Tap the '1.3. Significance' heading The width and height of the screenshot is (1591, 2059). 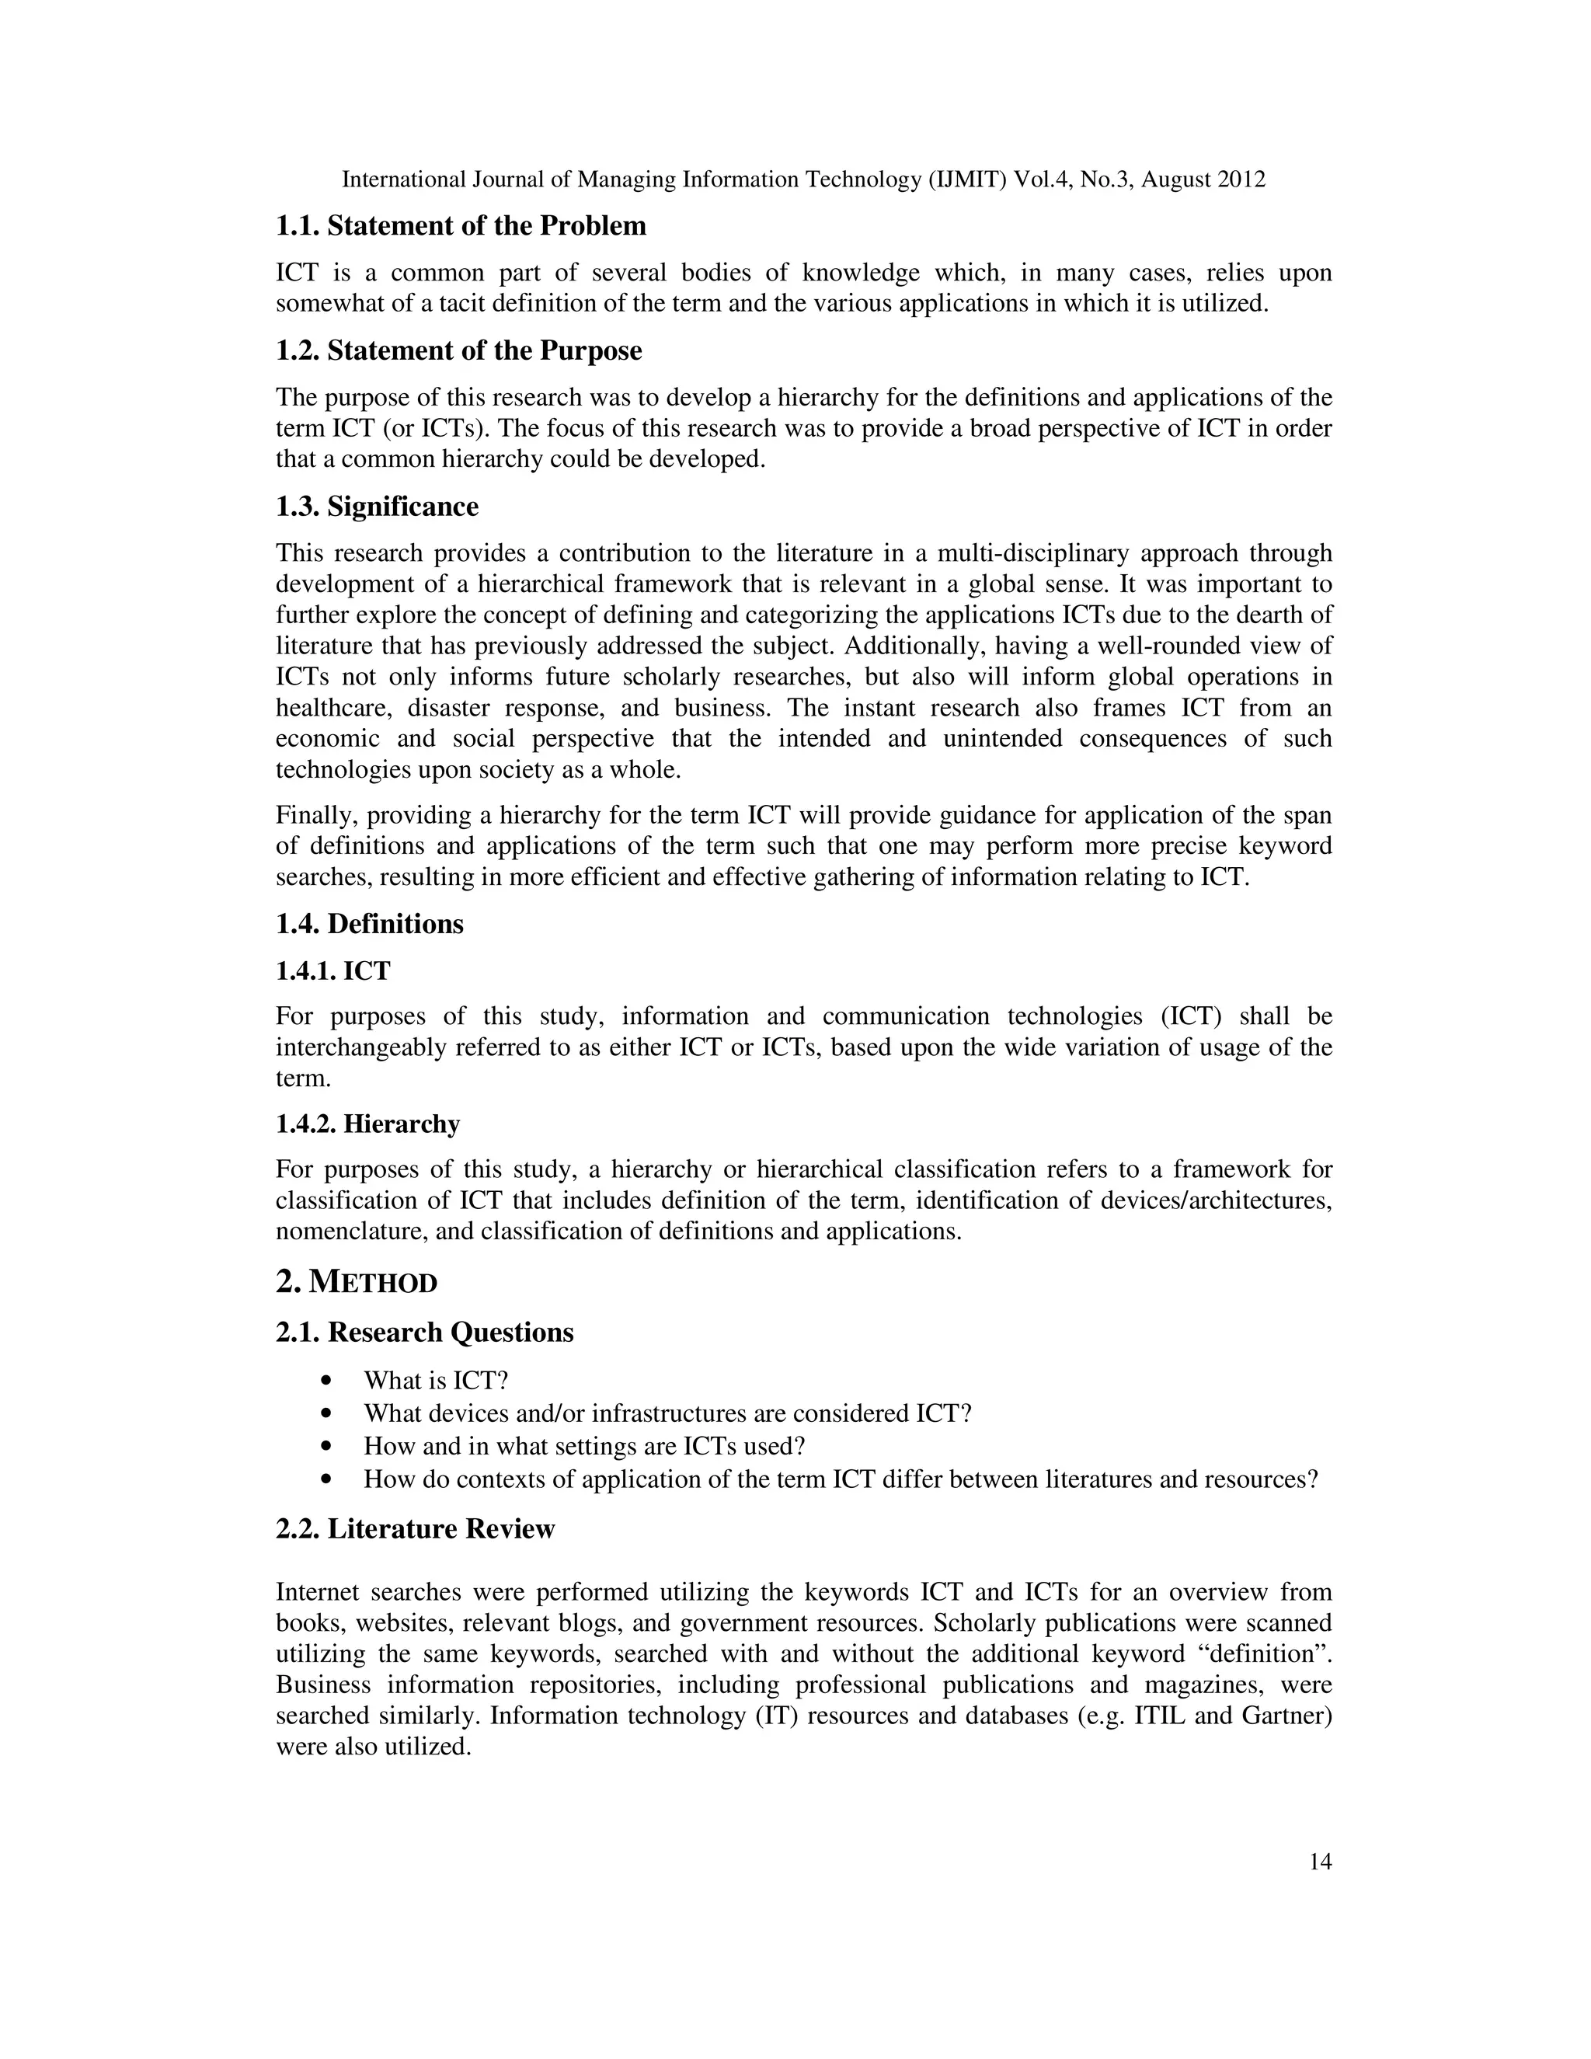pos(377,507)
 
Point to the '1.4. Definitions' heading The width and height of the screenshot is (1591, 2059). pos(370,924)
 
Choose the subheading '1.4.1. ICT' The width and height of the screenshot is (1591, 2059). pos(332,970)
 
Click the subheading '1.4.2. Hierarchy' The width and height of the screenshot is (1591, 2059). pos(367,1124)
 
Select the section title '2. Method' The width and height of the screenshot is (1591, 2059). pos(357,1282)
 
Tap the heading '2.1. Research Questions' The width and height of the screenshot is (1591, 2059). pos(424,1332)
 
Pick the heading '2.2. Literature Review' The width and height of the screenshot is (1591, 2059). pos(415,1528)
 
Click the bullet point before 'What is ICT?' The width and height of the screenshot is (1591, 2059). pos(327,1381)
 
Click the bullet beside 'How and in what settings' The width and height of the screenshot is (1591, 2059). pos(327,1446)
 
